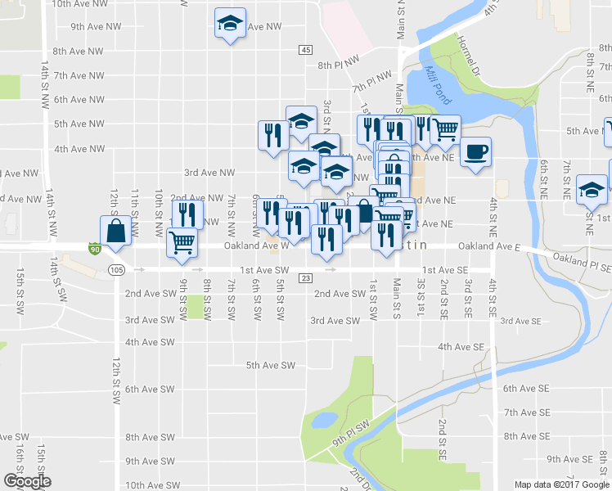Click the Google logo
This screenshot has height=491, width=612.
coord(27,481)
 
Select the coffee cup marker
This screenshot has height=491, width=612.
coord(475,151)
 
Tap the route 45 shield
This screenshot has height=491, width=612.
coord(305,50)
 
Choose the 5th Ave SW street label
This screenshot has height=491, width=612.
coord(270,366)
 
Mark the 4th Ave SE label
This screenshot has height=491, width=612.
coord(462,347)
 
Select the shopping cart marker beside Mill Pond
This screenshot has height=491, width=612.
coord(444,128)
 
